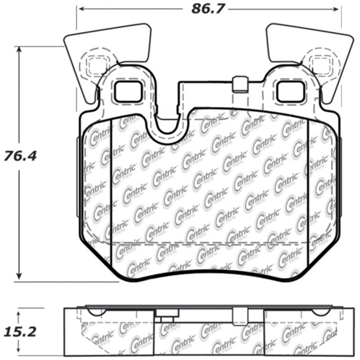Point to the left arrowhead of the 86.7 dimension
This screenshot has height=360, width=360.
coord(80,9)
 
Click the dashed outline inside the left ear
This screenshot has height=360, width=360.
coord(94,64)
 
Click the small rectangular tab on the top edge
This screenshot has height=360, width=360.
coord(239,84)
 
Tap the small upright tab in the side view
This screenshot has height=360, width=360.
coord(239,315)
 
